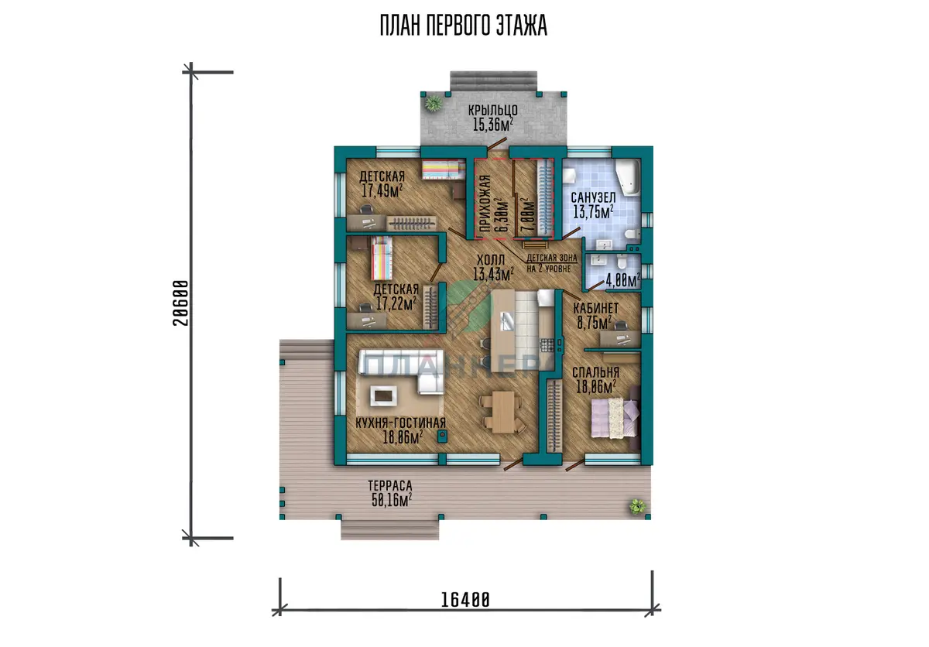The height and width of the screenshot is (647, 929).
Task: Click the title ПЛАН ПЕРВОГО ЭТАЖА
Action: [464, 26]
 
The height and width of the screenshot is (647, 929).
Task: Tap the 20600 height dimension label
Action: [180, 303]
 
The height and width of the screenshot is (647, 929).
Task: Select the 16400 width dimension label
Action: [465, 599]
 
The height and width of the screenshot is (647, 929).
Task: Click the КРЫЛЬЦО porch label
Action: [492, 110]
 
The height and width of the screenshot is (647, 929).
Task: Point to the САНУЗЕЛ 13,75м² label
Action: [593, 205]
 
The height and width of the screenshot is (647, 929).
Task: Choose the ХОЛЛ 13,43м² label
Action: [493, 267]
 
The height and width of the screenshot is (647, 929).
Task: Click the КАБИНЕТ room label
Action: [595, 308]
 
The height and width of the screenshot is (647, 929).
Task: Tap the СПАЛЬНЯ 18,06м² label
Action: [595, 379]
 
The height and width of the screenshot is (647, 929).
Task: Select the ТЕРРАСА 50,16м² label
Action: [390, 493]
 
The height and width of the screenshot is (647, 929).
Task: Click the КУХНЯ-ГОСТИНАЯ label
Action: [401, 423]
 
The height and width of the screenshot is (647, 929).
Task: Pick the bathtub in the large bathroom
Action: [628, 177]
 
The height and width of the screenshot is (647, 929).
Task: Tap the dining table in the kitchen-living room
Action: [502, 412]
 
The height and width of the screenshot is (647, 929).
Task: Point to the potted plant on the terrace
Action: [637, 506]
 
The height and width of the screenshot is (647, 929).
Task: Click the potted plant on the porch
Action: [434, 103]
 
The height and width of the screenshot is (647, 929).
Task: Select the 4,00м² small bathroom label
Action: [623, 280]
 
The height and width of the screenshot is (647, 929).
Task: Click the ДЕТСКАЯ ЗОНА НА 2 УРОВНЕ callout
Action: [551, 263]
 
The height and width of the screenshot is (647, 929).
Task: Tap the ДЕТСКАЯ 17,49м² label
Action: [382, 183]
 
